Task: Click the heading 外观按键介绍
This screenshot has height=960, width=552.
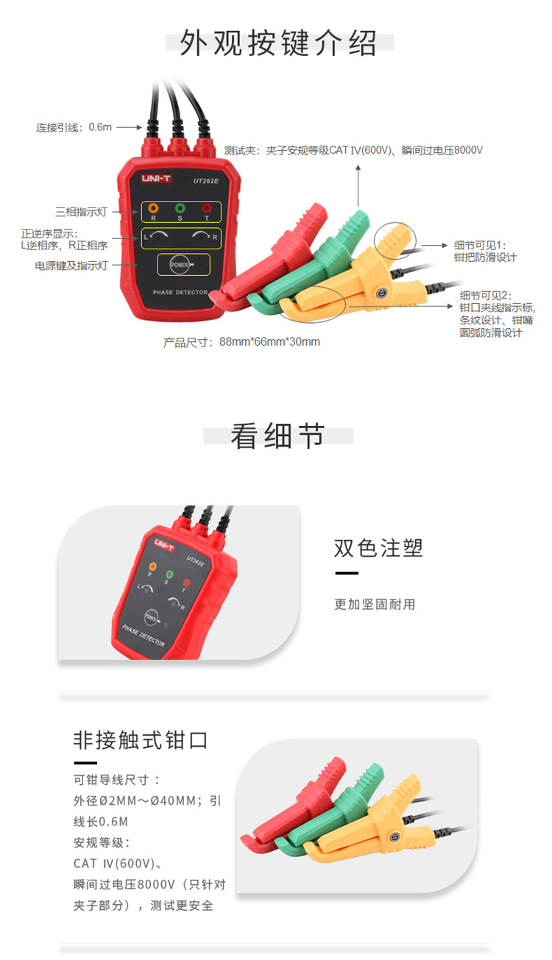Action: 278,43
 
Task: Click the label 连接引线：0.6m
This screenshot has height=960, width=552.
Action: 74,127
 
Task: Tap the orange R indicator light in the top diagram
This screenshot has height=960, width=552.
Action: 153,209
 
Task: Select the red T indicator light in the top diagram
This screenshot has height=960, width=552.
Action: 207,209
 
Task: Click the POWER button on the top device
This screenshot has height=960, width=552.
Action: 179,264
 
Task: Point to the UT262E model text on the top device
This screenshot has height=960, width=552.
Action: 205,179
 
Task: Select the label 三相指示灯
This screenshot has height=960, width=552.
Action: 82,212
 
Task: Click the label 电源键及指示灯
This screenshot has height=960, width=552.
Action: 71,266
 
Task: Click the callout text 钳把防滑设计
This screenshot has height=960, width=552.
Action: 485,257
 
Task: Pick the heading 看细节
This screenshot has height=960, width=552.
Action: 277,436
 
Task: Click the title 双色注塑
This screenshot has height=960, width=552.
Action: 378,548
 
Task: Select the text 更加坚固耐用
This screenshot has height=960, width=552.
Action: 375,604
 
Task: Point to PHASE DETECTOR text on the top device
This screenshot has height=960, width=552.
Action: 180,293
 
